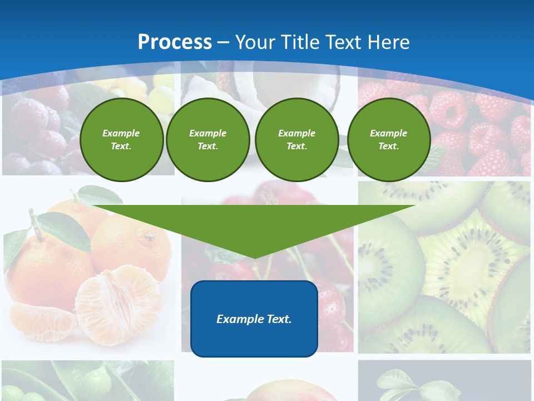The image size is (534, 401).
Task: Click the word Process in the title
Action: click(175, 42)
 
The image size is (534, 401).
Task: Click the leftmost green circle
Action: click(121, 140)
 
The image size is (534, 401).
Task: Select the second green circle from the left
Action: click(207, 140)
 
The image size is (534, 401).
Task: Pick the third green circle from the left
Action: click(296, 140)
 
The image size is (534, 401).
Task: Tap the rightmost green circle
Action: click(388, 140)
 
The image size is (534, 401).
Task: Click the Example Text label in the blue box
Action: click(254, 319)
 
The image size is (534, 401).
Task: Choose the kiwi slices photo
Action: click(445, 267)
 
